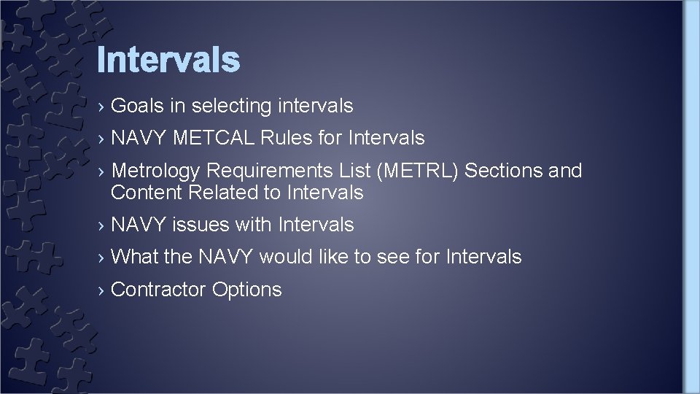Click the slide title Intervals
coord(168,60)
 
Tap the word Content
coord(147,193)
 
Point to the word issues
coord(200,225)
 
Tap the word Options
coord(246,290)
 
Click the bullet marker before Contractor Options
coord(101,290)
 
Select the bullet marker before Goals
coord(101,107)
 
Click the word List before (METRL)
coord(357,171)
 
